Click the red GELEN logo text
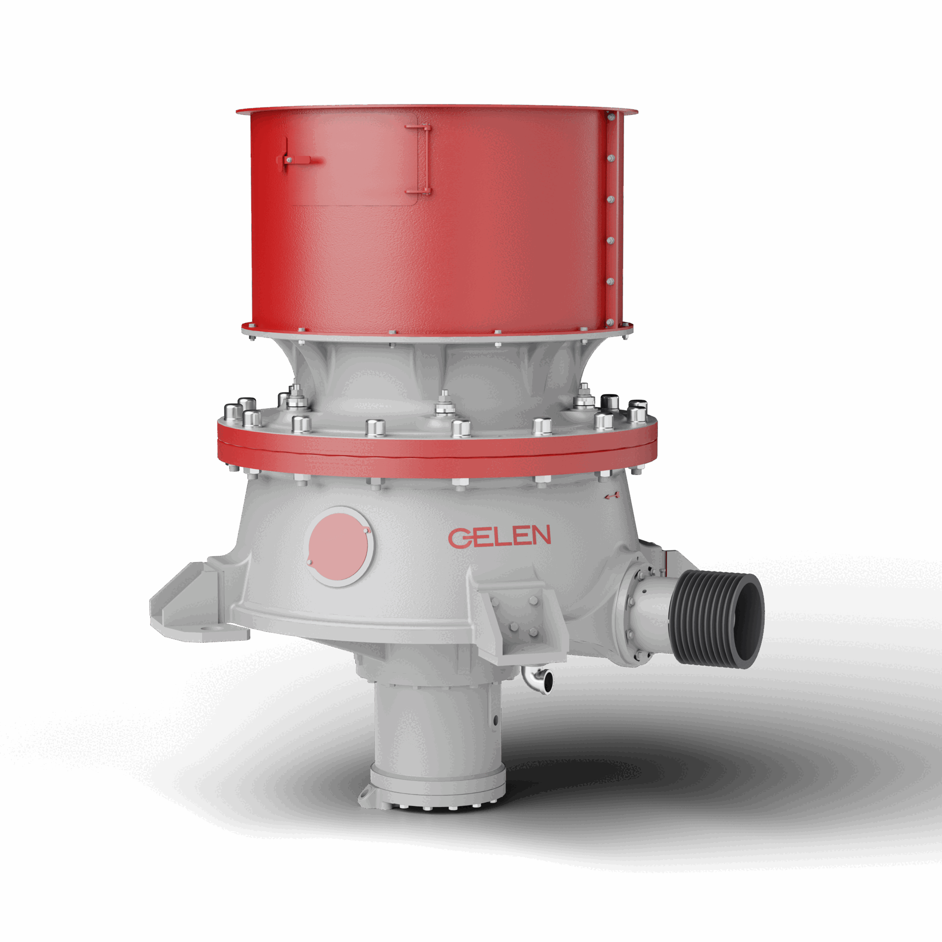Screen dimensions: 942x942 (499, 536)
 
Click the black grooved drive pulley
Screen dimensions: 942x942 (717, 619)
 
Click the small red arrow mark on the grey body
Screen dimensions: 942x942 (611, 496)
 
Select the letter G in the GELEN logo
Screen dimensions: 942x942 (461, 538)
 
